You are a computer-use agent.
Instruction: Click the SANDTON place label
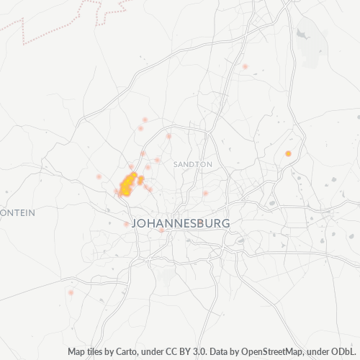[x=192, y=164]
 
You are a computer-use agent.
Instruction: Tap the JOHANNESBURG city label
[x=181, y=223]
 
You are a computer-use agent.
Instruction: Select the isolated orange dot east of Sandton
[x=288, y=153]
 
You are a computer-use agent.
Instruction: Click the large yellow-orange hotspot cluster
[x=127, y=184]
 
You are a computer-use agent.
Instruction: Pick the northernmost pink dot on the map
[x=246, y=67]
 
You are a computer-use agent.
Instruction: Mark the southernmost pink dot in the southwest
[x=71, y=292]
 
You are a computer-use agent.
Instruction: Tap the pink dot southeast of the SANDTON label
[x=205, y=193]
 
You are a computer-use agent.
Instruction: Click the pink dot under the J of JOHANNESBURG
[x=161, y=230]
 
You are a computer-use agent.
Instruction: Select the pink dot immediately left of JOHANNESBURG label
[x=126, y=224]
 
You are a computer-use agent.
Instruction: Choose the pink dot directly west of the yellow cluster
[x=99, y=176]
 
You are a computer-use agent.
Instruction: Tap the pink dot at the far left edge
[x=6, y=192]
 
